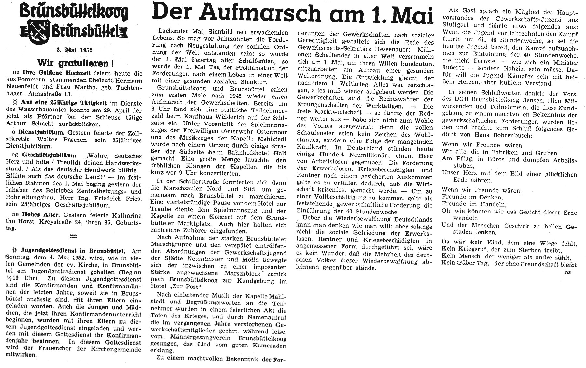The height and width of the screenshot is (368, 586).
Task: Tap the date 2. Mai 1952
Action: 74,51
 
